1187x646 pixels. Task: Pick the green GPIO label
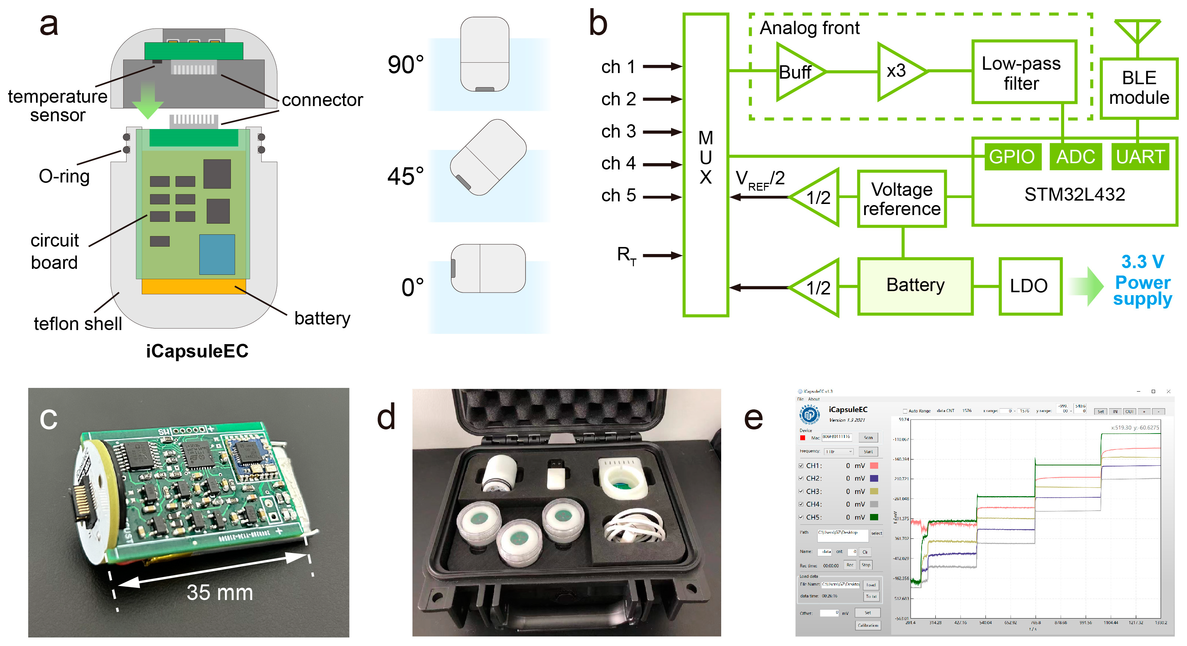(x=1011, y=157)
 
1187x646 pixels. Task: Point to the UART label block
(x=1139, y=157)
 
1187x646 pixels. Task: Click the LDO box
(x=1030, y=286)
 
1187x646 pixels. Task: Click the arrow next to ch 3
(x=662, y=132)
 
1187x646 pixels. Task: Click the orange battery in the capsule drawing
(x=193, y=286)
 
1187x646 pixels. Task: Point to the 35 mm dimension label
(x=220, y=592)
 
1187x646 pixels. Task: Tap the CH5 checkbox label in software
(x=814, y=517)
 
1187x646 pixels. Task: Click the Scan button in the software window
(x=868, y=438)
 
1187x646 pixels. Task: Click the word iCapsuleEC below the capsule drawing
(x=197, y=351)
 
